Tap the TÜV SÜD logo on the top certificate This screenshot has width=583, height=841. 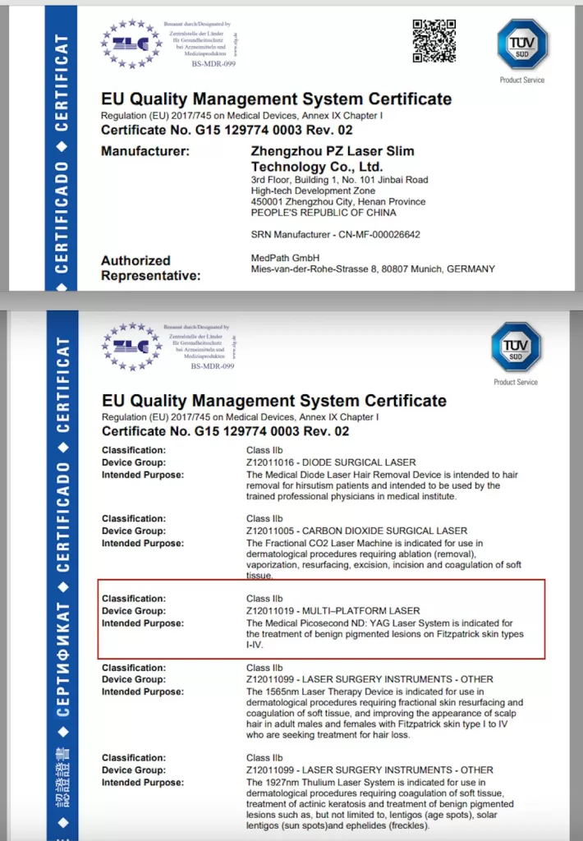click(x=521, y=44)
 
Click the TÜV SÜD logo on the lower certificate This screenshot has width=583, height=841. click(x=515, y=347)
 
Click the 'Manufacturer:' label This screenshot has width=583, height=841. click(x=145, y=151)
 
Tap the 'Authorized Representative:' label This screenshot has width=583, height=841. click(x=150, y=268)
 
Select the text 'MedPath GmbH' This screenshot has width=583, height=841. click(x=279, y=257)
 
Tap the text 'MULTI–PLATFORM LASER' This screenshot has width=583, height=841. click(x=362, y=611)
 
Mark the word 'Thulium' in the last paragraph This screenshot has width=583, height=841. click(x=319, y=782)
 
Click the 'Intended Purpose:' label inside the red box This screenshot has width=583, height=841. click(x=142, y=623)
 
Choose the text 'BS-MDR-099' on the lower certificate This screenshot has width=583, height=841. click(x=213, y=366)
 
